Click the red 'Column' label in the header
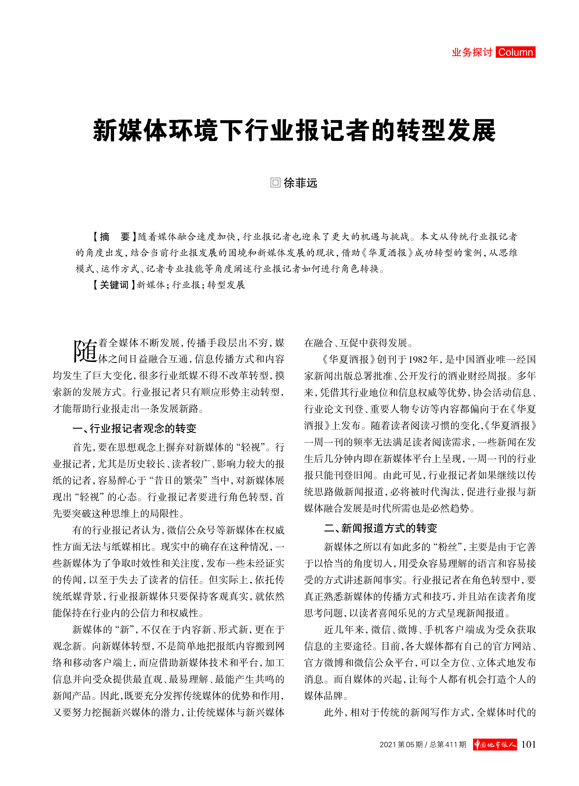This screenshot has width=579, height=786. [515, 52]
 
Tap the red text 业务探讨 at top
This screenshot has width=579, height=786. [472, 52]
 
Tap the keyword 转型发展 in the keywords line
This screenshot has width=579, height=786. [226, 285]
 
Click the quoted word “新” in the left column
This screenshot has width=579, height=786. [124, 629]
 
